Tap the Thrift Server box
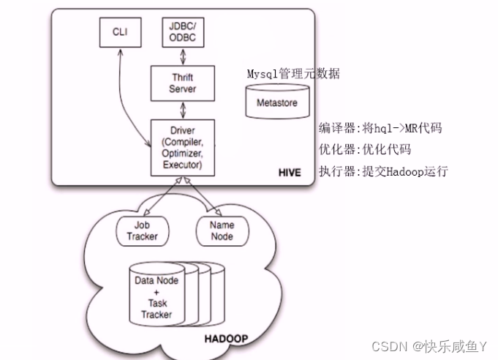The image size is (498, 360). coord(173,83)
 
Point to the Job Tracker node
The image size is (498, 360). coord(142,231)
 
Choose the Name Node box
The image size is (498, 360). coord(221,231)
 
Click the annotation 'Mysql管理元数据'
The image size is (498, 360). coord(293,74)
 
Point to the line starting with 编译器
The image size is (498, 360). coord(380,128)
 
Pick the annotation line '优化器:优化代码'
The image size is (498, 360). coord(364,150)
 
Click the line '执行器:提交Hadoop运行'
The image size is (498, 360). coord(382,172)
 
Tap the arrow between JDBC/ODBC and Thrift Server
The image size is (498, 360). coord(173,58)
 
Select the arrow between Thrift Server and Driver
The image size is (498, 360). coord(173,109)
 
